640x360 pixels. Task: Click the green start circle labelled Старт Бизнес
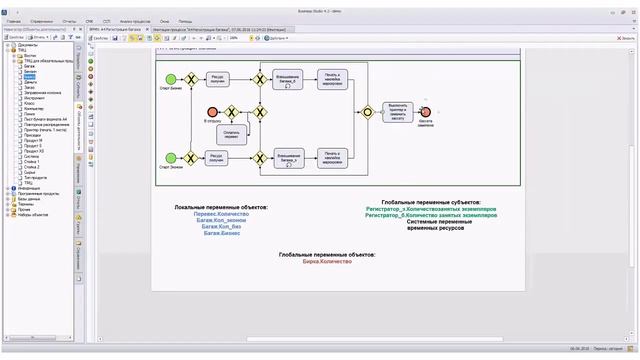coord(171,79)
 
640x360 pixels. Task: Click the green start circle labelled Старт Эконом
coord(171,156)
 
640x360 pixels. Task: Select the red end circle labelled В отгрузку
coord(211,112)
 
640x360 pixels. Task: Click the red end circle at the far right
coord(426,112)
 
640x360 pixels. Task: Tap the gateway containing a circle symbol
coord(368,112)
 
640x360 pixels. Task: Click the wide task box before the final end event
coord(398,112)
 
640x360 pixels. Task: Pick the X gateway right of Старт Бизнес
coord(192,79)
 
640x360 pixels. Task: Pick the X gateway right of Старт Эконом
coord(192,156)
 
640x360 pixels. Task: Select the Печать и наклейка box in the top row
coord(332,79)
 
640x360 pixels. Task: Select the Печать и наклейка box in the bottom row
coord(332,156)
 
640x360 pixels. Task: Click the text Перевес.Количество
coord(221,214)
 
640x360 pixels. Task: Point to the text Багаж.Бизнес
coord(221,234)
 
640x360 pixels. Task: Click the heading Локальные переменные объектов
coord(221,206)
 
